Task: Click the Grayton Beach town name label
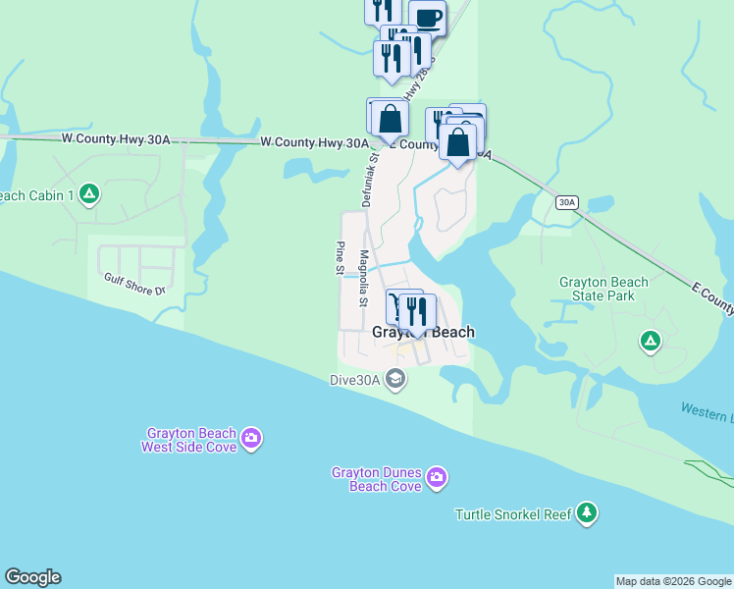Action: click(423, 333)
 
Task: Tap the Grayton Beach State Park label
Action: click(603, 289)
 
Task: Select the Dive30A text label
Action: click(355, 379)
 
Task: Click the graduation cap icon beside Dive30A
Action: click(395, 379)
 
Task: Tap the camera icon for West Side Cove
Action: click(251, 439)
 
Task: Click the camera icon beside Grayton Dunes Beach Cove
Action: click(437, 478)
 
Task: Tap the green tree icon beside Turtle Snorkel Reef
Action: click(587, 512)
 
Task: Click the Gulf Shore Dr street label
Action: click(135, 285)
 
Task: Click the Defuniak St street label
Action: click(367, 176)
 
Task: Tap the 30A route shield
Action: click(566, 202)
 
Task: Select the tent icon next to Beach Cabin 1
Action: click(89, 194)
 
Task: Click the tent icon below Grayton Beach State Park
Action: click(649, 342)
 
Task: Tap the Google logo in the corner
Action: click(32, 577)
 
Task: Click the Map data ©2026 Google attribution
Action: click(673, 581)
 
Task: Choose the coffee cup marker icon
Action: click(427, 17)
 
